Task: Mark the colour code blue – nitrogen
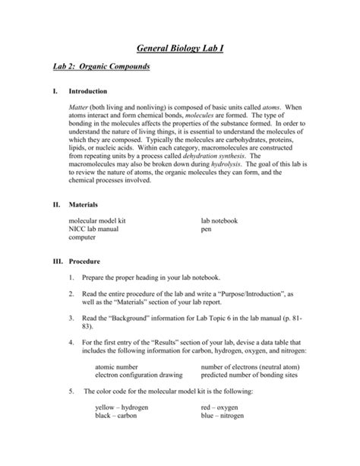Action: click(225, 439)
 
